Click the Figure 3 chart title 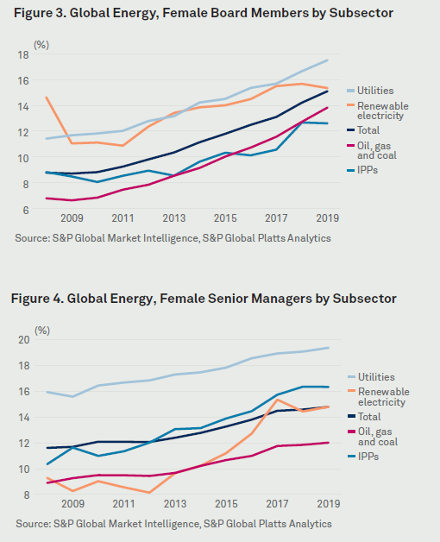204,13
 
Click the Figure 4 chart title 204,299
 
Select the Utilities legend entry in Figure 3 370,91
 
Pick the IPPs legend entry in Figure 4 363,457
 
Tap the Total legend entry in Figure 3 363,130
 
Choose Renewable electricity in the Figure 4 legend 379,397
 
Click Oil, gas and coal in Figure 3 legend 372,151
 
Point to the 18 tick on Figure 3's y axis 23,54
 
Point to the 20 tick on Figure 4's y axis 24,340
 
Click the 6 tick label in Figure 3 26,210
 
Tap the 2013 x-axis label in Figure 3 174,218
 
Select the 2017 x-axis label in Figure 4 277,504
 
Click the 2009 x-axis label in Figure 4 73,504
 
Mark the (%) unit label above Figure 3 41,45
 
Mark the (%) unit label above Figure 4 42,331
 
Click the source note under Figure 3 173,238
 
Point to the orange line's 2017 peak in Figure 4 277,400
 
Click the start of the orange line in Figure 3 47,98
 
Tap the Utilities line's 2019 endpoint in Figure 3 327,60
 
